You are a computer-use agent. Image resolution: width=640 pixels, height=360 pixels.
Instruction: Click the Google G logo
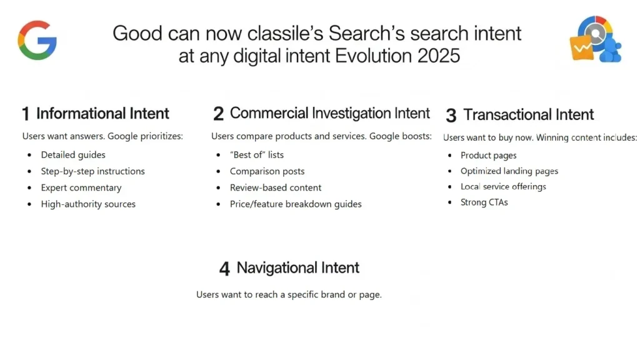(37, 40)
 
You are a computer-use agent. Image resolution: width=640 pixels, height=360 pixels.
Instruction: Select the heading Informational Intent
(102, 114)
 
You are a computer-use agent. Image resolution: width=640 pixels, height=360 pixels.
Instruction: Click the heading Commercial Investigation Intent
(330, 113)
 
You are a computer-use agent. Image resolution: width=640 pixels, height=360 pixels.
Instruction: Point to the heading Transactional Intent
(529, 115)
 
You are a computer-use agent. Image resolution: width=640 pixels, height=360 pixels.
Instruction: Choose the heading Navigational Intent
(298, 268)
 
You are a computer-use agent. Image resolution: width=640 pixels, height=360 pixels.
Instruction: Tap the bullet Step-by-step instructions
(92, 171)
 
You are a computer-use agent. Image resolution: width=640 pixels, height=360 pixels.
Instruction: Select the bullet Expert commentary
(81, 187)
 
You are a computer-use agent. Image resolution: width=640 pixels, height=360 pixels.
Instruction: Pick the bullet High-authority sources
(88, 204)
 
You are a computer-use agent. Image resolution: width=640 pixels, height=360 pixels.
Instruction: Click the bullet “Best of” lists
(257, 155)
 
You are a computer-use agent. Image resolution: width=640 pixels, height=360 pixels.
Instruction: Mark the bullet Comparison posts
(267, 171)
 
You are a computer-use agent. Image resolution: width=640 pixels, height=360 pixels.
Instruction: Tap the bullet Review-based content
(276, 187)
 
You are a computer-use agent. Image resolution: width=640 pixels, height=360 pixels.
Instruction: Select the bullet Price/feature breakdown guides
(296, 204)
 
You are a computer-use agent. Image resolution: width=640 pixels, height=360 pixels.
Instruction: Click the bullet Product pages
(489, 156)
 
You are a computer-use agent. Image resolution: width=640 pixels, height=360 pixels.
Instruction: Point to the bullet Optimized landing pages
(509, 171)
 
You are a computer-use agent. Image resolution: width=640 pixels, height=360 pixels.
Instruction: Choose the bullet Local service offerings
(503, 187)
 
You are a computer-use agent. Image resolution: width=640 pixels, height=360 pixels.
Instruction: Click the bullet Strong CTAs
(484, 202)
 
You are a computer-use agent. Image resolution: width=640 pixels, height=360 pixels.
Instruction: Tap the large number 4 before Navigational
(225, 269)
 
